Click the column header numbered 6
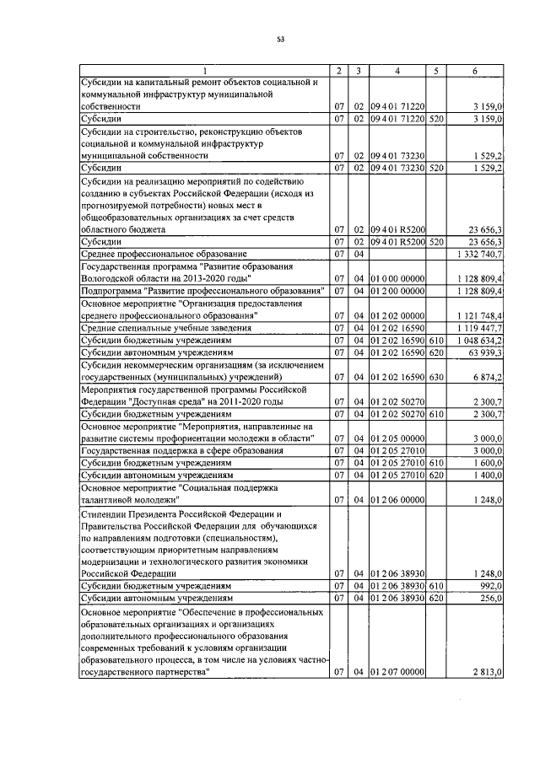475,71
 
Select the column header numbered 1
202,71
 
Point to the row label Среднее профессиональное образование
163,253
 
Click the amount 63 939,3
485,352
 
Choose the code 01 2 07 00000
397,671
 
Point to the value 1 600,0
489,463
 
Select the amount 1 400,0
489,476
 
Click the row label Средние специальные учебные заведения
160,327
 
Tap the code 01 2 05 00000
397,438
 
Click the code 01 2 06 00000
397,500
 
